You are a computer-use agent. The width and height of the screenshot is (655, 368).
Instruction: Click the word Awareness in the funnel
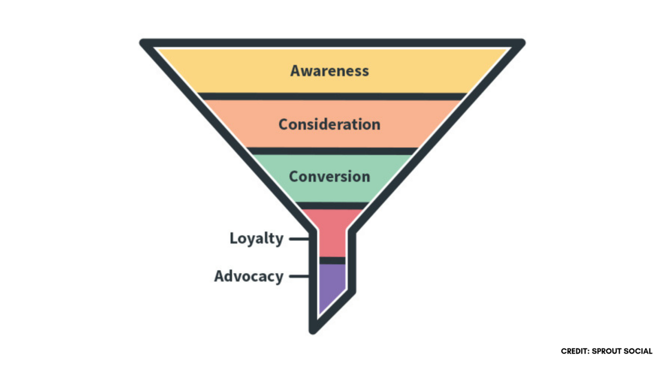(330, 71)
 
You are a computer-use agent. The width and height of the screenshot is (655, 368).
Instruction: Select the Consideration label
(330, 124)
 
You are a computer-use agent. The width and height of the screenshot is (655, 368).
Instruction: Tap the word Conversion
(330, 177)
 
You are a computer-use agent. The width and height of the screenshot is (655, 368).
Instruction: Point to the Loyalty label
(256, 238)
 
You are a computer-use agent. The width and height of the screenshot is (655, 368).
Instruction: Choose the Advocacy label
(248, 276)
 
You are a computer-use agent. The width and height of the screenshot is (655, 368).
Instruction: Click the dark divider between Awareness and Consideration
(332, 96)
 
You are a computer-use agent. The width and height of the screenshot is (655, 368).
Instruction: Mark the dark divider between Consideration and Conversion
(332, 151)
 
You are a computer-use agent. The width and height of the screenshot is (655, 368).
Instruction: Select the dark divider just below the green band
(332, 205)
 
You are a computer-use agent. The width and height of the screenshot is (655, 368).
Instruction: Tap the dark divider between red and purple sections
(332, 260)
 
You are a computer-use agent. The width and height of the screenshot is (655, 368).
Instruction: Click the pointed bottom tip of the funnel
(313, 330)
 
